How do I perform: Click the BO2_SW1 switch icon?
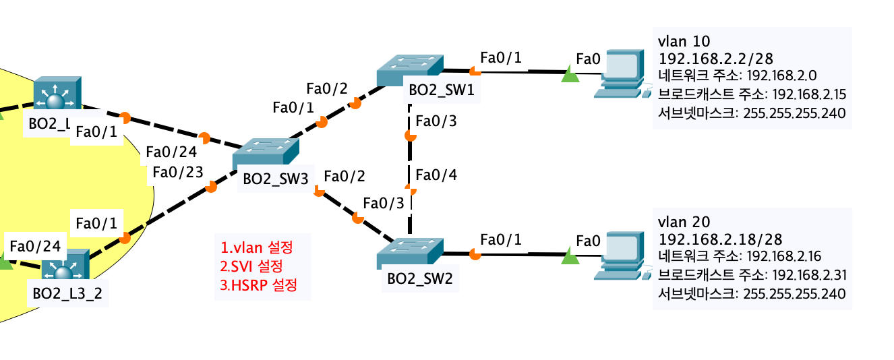point(410,69)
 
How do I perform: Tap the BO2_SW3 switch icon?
point(266,154)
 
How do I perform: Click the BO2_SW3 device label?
point(275,179)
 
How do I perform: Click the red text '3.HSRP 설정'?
point(258,285)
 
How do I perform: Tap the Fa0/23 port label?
point(178,173)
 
